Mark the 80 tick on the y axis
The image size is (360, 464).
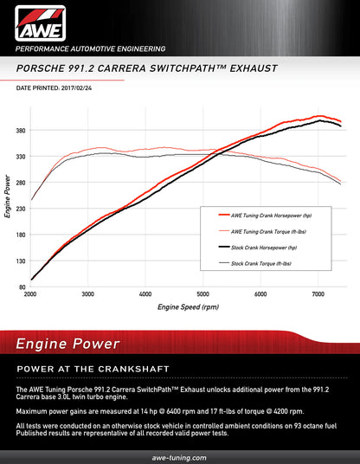point(22,287)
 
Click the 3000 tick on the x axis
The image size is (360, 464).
point(87,294)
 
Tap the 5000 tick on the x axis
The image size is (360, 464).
point(202,294)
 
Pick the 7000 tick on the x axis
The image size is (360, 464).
point(318,294)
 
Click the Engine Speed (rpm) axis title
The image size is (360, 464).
point(188,307)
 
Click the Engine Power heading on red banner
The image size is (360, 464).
point(67,345)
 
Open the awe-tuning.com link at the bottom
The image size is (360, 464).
point(180,455)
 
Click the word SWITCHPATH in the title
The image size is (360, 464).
point(169,67)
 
